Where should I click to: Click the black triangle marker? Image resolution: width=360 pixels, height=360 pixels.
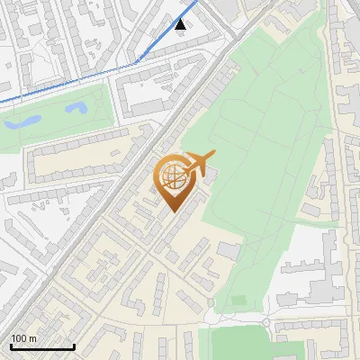point(181,24)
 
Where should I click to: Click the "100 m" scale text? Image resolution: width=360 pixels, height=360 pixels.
point(24,338)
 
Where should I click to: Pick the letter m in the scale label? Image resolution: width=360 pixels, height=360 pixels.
point(33,338)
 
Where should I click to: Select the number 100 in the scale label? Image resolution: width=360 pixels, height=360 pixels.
point(20,338)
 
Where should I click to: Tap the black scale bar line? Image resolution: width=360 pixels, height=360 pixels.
point(42,346)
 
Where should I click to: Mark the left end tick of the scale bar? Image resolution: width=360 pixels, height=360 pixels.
point(11,345)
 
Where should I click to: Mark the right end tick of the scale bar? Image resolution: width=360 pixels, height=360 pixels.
point(74,345)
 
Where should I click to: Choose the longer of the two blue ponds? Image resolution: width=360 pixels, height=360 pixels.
point(76,109)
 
